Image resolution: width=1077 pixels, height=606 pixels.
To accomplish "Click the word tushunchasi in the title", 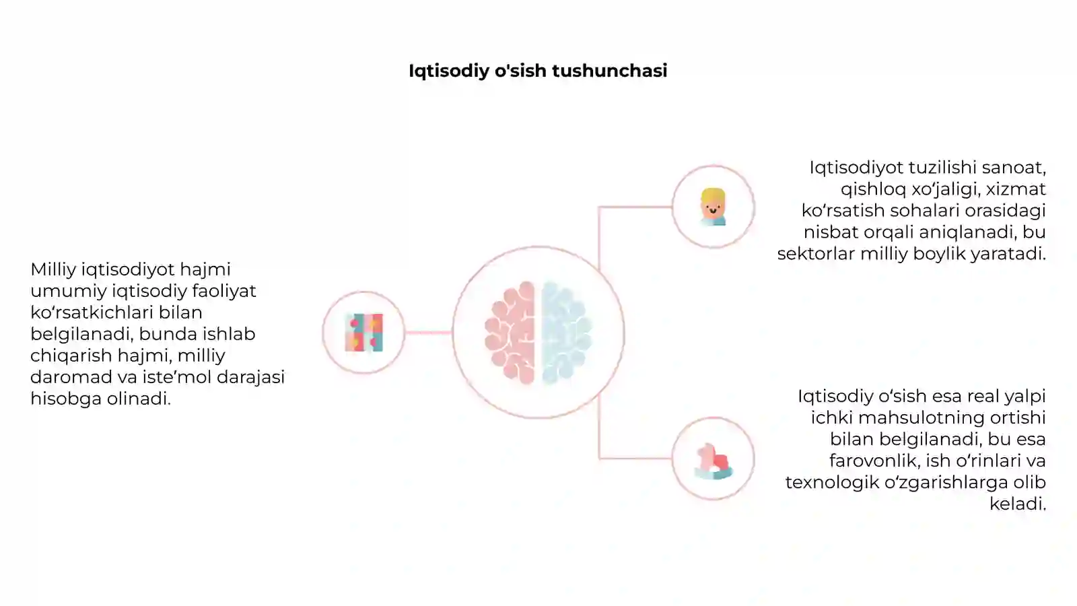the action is (609, 71).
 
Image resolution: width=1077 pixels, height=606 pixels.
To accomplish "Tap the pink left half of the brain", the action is (510, 333).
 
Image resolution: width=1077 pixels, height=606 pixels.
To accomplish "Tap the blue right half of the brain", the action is (566, 333).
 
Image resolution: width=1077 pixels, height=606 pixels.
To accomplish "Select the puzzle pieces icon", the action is (364, 333).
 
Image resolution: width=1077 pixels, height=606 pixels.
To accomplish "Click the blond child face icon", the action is (713, 207).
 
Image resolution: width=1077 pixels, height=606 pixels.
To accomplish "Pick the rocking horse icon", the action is (714, 461).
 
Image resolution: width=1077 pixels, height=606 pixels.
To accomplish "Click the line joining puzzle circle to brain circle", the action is (428, 333).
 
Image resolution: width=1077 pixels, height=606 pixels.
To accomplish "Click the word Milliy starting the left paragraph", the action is (53, 269).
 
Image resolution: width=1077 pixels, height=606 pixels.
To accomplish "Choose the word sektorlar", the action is (816, 253).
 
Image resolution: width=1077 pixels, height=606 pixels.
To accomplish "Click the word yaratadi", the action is (1008, 254).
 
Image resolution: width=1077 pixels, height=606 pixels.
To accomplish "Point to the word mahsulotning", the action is (921, 417).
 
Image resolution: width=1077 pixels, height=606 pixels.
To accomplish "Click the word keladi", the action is (1017, 504).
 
